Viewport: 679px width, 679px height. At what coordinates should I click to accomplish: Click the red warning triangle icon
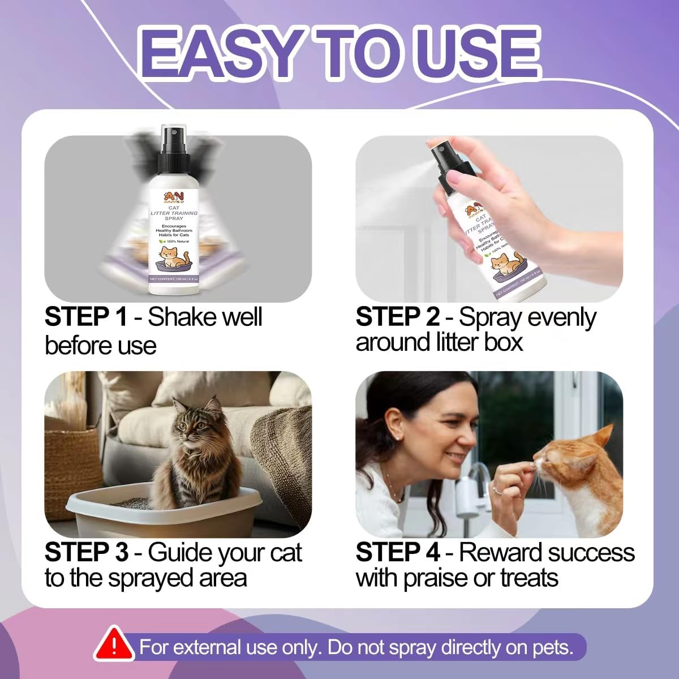click(x=114, y=643)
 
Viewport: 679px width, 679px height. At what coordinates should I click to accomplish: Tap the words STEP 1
click(x=85, y=316)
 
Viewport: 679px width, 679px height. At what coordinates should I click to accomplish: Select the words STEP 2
click(x=397, y=316)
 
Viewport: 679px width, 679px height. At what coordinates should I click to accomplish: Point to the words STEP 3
click(x=86, y=552)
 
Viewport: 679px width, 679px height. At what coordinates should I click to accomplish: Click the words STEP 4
click(x=397, y=552)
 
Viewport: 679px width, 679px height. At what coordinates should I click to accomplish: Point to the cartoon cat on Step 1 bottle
click(x=172, y=257)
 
